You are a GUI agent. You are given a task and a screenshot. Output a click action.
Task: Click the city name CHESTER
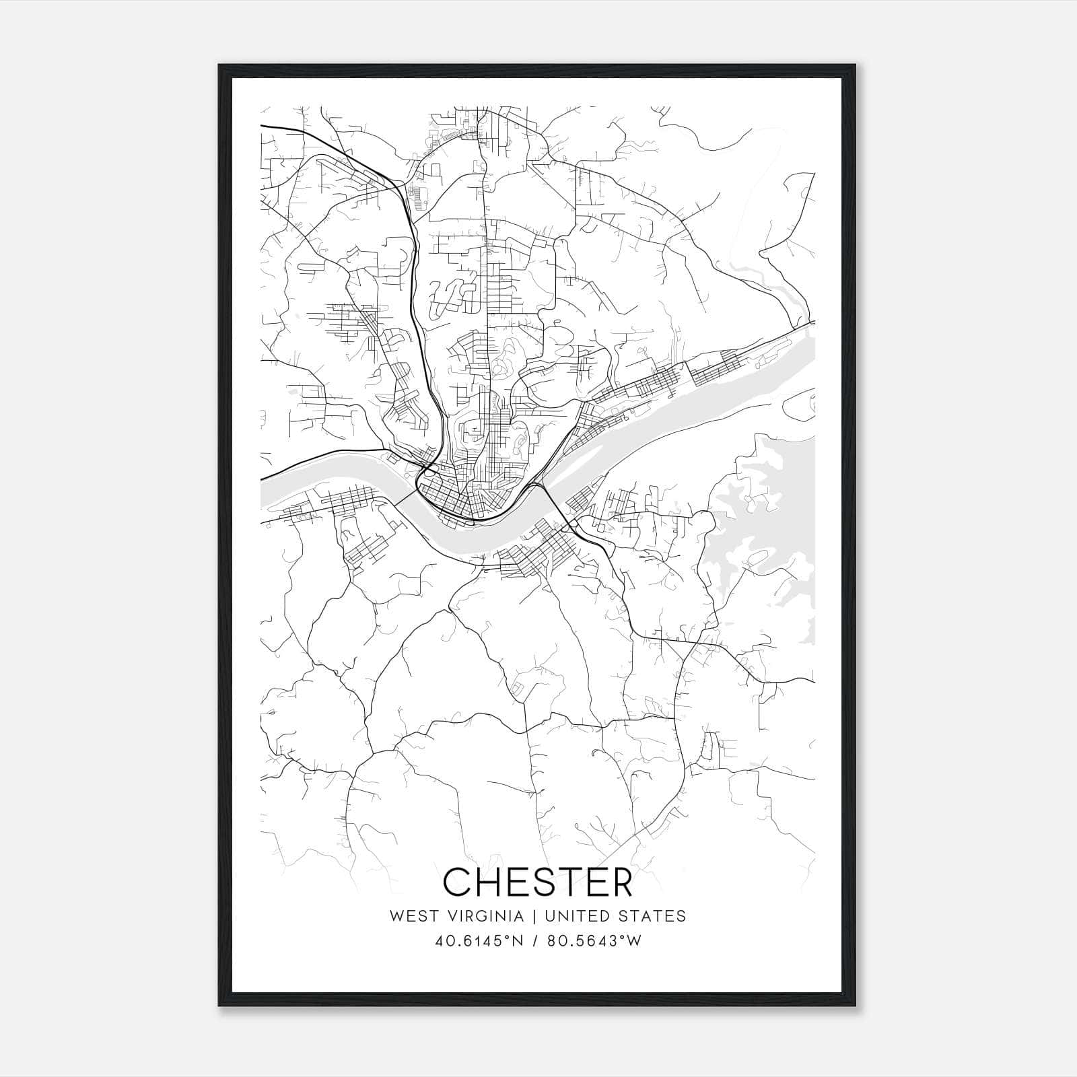coord(538,882)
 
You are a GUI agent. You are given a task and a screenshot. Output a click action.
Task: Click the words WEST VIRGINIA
coord(456,916)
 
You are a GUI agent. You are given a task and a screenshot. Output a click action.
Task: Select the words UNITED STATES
coord(615,916)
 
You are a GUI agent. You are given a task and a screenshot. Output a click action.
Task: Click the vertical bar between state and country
coord(534,916)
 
